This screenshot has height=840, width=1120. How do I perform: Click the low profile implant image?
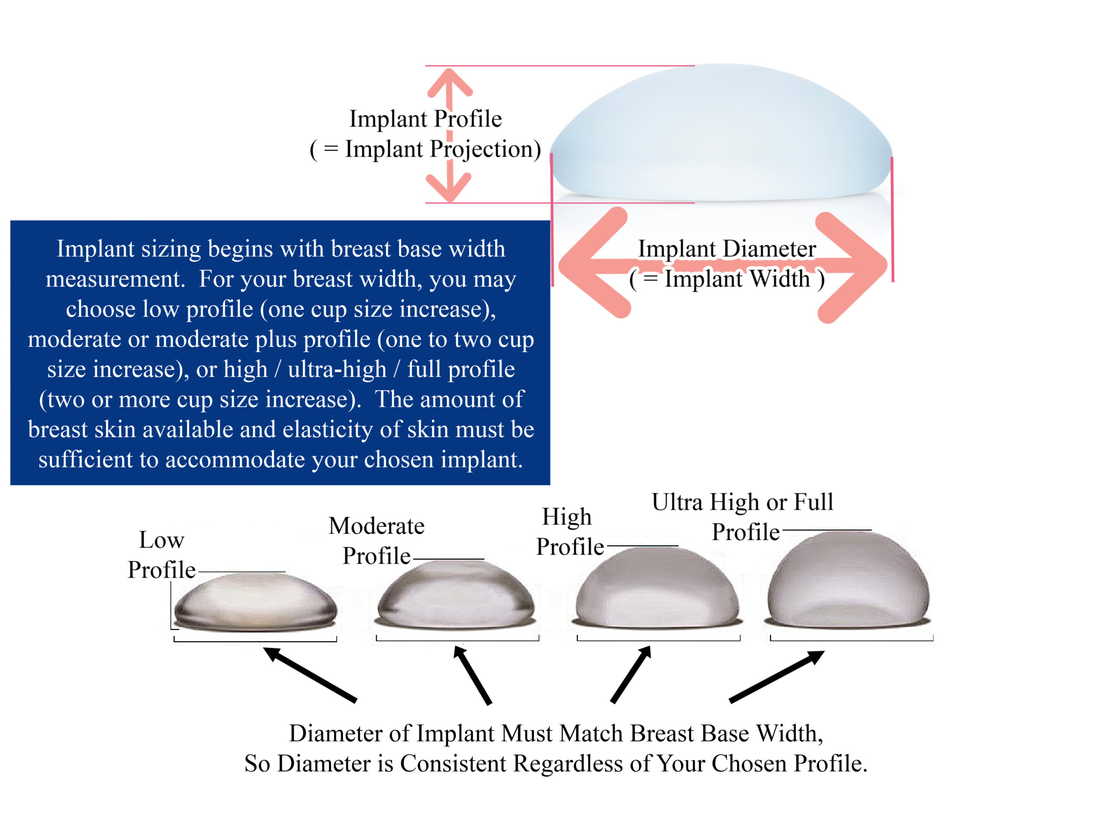point(255,602)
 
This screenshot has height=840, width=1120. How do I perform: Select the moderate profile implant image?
point(456,595)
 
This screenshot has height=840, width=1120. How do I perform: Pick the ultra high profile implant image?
point(849,580)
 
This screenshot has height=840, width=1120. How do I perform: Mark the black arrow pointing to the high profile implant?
point(631,674)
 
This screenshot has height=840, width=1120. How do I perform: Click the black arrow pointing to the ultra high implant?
point(777,676)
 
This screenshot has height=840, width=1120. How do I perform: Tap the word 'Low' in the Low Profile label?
point(161,540)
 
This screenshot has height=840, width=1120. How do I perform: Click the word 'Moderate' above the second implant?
point(376,525)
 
